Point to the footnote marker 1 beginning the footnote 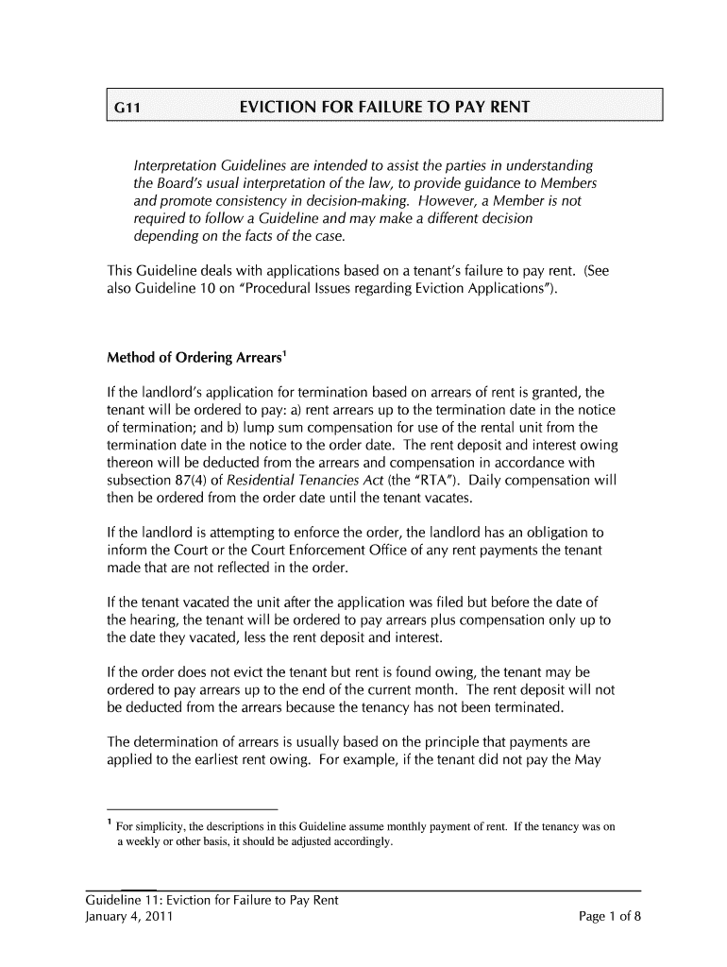click(109, 824)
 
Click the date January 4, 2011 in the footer click(128, 916)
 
